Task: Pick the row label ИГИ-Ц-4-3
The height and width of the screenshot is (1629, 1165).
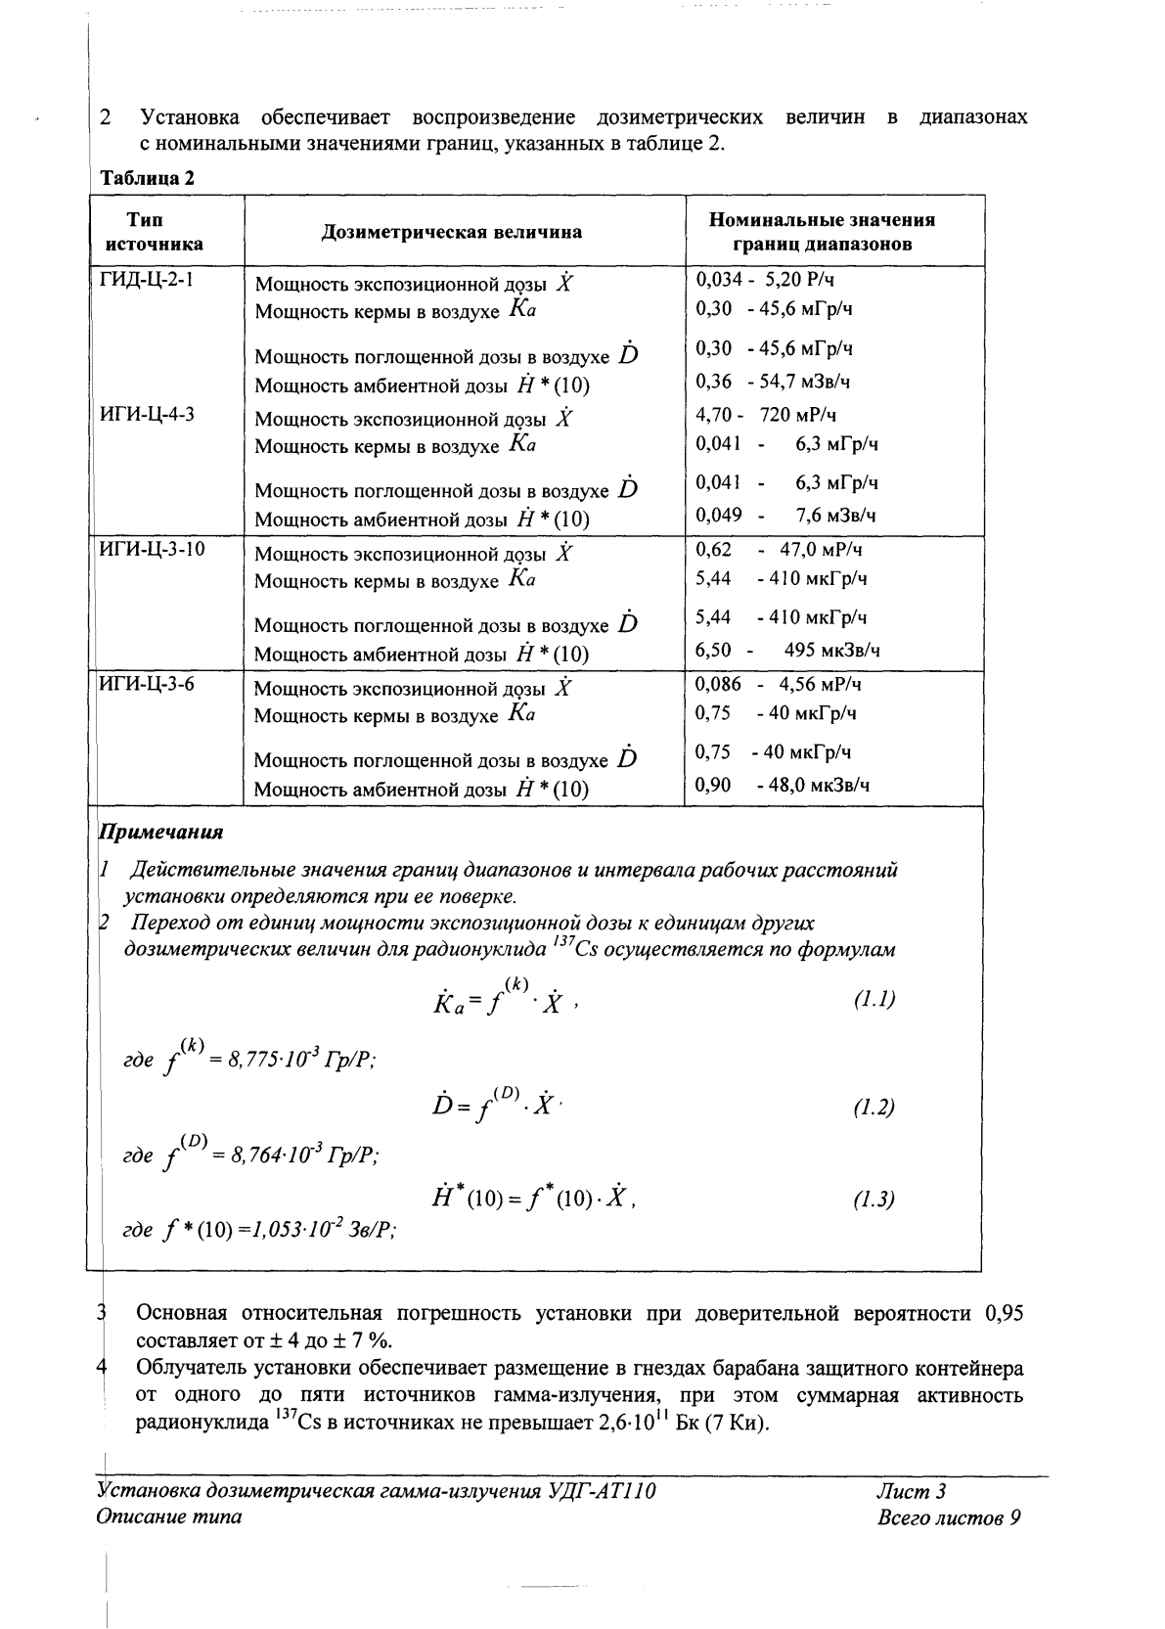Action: [x=148, y=414]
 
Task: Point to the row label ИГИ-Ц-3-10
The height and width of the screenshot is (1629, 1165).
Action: [x=153, y=549]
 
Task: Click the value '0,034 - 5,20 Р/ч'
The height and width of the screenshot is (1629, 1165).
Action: [x=765, y=279]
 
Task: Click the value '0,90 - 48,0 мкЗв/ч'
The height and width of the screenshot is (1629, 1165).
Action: [x=783, y=785]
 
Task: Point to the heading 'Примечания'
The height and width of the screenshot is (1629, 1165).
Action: [x=161, y=833]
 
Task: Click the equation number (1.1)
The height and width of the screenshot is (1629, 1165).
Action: [x=874, y=1000]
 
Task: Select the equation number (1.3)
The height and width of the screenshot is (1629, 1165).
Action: [x=874, y=1199]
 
